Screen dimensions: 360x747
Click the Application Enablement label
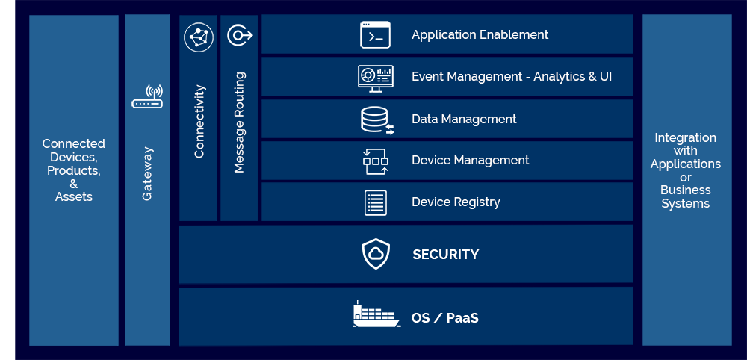click(480, 34)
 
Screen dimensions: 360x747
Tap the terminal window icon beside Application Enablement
click(375, 34)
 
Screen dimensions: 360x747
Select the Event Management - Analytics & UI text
click(512, 76)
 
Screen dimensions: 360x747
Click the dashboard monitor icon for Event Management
click(375, 78)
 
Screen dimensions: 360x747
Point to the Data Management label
click(464, 119)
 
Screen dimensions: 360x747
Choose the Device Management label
click(470, 160)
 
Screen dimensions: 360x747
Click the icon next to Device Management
click(375, 161)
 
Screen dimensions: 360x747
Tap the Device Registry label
click(456, 202)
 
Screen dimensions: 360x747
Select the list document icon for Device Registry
click(376, 202)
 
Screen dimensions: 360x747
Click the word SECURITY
click(445, 255)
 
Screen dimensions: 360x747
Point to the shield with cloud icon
click(376, 254)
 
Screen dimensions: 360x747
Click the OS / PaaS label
click(444, 318)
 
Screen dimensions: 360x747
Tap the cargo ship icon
click(376, 314)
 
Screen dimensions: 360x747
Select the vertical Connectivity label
click(199, 121)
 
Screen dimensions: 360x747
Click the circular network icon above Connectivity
click(199, 37)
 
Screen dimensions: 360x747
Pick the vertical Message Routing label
click(239, 122)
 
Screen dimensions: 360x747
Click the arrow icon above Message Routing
click(240, 35)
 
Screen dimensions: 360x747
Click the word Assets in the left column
click(74, 196)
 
